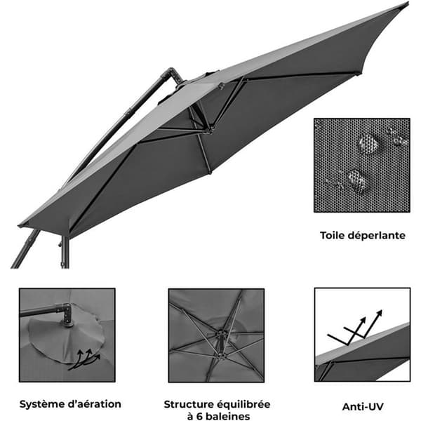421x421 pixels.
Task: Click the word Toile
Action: pos(332,236)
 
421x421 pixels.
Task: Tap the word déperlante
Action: pos(376,236)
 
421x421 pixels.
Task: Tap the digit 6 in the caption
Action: pos(199,416)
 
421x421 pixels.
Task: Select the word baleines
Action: pos(228,416)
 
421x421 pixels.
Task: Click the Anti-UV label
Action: pos(363,406)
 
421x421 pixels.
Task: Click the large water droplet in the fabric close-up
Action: pos(368,144)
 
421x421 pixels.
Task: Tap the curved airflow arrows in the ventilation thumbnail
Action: pos(85,359)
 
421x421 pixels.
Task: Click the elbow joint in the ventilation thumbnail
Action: pos(66,314)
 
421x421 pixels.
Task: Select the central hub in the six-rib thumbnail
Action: pos(221,335)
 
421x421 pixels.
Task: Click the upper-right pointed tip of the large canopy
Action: pos(408,3)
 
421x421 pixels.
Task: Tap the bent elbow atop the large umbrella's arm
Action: pos(171,74)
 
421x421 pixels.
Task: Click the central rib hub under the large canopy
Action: pos(210,131)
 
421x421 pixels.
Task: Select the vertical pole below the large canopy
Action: pos(65,253)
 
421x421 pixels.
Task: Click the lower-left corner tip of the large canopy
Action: pos(20,225)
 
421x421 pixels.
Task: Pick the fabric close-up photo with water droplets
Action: pos(361,165)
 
